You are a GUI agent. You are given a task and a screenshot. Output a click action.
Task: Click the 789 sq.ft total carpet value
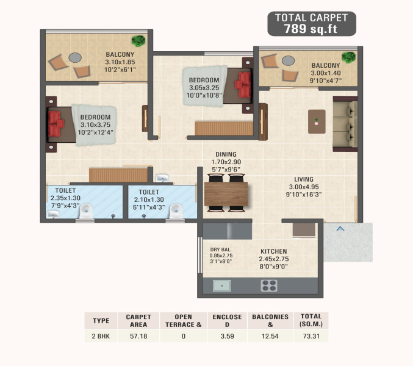click(311, 29)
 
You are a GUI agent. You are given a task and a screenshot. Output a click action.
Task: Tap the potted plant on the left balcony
click(138, 41)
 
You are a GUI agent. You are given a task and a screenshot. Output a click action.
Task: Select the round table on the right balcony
click(288, 60)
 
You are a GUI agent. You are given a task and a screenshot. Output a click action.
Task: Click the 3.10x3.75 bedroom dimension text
click(95, 125)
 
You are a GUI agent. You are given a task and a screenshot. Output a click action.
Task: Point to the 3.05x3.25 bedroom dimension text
click(204, 88)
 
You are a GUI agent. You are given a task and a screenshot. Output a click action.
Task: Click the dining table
click(226, 194)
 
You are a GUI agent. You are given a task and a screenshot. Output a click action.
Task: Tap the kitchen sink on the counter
click(222, 285)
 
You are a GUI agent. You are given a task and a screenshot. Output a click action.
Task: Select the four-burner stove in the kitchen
click(269, 285)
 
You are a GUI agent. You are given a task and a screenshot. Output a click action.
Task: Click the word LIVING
click(304, 179)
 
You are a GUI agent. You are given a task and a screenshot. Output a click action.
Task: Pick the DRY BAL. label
click(221, 249)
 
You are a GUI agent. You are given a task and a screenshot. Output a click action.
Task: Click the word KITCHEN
click(274, 251)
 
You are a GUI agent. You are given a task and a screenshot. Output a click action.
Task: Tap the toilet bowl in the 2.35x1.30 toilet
click(86, 210)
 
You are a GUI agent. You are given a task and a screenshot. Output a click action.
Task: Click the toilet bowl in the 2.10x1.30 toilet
click(176, 210)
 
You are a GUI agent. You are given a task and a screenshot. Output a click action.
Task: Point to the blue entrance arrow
click(340, 229)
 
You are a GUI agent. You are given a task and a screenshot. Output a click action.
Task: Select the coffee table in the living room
click(317, 121)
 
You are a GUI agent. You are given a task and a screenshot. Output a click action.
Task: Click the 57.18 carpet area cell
click(138, 336)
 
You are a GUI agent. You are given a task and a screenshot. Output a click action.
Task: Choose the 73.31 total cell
click(311, 336)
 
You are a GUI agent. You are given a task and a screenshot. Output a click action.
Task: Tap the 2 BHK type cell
click(101, 336)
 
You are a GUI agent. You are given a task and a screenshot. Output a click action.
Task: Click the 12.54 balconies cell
click(270, 336)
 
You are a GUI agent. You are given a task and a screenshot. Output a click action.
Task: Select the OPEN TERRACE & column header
click(184, 321)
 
